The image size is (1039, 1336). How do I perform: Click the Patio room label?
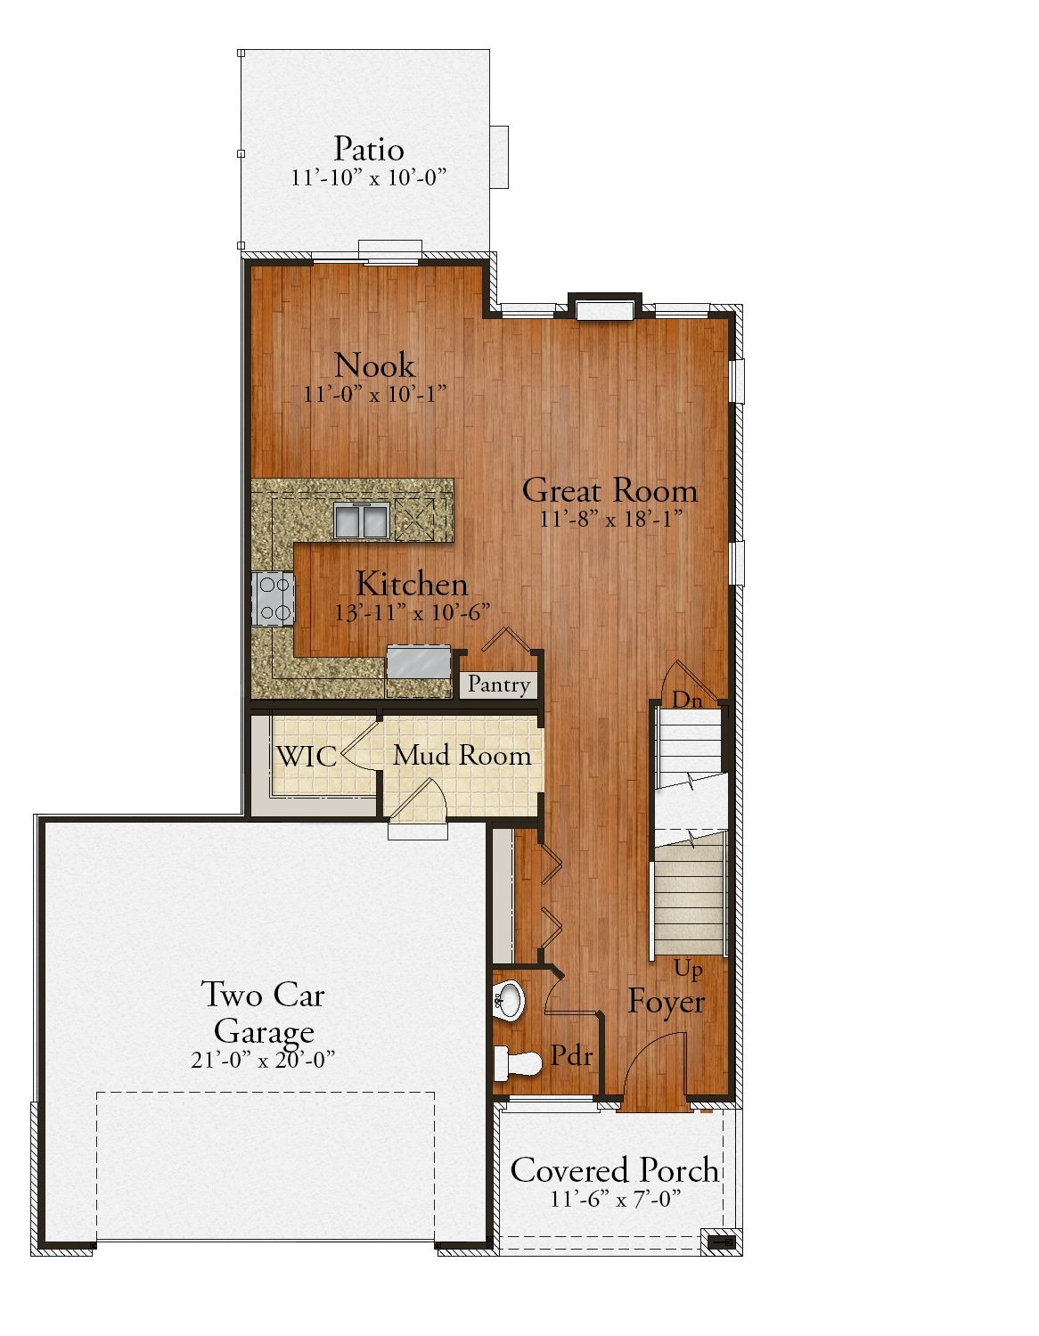(x=369, y=149)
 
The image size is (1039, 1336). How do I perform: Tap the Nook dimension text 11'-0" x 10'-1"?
(x=375, y=394)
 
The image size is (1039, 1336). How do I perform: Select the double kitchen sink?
(x=361, y=520)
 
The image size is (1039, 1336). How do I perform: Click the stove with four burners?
(x=274, y=599)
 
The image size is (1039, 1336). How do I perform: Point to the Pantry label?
(x=498, y=684)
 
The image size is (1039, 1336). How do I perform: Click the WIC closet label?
(x=307, y=756)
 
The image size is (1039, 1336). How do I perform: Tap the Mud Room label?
(x=462, y=756)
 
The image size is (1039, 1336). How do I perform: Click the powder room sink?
(x=510, y=1000)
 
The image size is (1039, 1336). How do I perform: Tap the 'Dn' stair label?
(x=687, y=700)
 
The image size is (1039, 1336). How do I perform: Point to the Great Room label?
(x=609, y=490)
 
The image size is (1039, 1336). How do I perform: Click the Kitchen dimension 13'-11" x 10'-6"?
(x=413, y=612)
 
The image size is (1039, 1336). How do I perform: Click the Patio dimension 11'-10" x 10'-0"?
(x=368, y=177)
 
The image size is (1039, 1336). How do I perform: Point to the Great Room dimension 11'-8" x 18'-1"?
(x=610, y=520)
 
